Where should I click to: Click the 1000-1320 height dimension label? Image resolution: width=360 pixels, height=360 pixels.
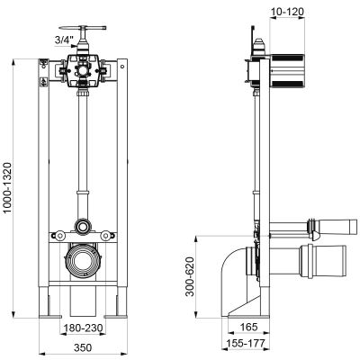pyautogui.click(x=7, y=188)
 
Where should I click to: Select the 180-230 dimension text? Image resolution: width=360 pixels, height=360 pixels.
pyautogui.click(x=82, y=328)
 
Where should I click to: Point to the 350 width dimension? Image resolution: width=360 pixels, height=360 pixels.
pyautogui.click(x=83, y=347)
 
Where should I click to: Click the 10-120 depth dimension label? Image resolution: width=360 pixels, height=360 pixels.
pyautogui.click(x=287, y=12)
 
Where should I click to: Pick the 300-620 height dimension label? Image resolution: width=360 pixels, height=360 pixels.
pyautogui.click(x=190, y=276)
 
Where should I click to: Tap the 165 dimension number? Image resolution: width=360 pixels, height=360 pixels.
pyautogui.click(x=249, y=327)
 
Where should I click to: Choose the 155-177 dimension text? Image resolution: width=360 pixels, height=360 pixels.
pyautogui.click(x=246, y=343)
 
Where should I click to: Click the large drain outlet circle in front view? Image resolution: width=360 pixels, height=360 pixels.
pyautogui.click(x=82, y=260)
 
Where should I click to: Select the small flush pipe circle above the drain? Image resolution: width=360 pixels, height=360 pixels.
pyautogui.click(x=82, y=227)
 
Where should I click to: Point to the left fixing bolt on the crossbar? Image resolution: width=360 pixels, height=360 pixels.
pyautogui.click(x=60, y=236)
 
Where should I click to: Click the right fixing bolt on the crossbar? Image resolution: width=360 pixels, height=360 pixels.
pyautogui.click(x=105, y=236)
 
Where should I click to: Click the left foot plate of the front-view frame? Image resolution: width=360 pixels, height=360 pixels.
pyautogui.click(x=50, y=316)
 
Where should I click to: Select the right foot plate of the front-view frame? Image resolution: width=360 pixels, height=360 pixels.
pyautogui.click(x=116, y=316)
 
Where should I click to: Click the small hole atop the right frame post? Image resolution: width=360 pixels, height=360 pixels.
pyautogui.click(x=122, y=67)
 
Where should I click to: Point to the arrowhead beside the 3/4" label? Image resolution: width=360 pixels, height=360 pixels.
pyautogui.click(x=75, y=46)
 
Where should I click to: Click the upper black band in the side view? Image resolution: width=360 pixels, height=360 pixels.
pyautogui.click(x=287, y=58)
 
